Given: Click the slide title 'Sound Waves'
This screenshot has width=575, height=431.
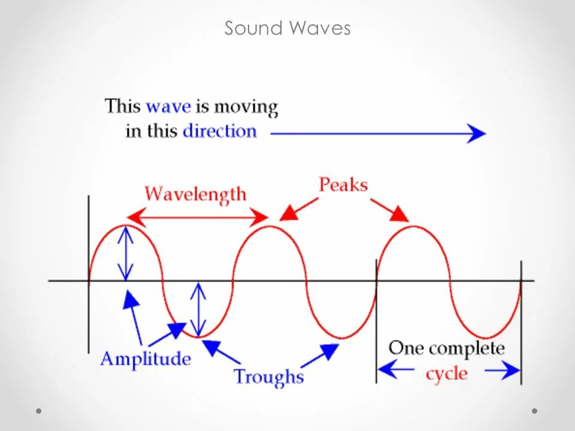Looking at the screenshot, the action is pyautogui.click(x=287, y=28).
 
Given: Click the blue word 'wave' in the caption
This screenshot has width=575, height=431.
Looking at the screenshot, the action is pyautogui.click(x=168, y=107).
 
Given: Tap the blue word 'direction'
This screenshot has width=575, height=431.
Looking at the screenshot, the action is pyautogui.click(x=219, y=131).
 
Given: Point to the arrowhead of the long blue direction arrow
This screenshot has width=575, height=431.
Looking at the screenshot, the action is pyautogui.click(x=477, y=133).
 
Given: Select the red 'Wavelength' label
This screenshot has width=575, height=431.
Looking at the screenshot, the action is pyautogui.click(x=195, y=195).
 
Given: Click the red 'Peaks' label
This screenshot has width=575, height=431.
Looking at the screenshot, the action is pyautogui.click(x=343, y=184).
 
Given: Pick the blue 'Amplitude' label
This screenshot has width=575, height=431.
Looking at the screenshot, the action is pyautogui.click(x=146, y=359).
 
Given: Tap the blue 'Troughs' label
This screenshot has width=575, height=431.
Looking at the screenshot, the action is pyautogui.click(x=268, y=377).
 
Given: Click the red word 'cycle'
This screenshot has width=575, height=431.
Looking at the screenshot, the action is pyautogui.click(x=446, y=374).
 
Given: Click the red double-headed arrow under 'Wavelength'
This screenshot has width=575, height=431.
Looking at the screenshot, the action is pyautogui.click(x=197, y=216).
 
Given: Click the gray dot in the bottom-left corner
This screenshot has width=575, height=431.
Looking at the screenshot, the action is pyautogui.click(x=39, y=411).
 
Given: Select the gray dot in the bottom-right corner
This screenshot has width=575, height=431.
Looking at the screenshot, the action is pyautogui.click(x=535, y=411).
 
